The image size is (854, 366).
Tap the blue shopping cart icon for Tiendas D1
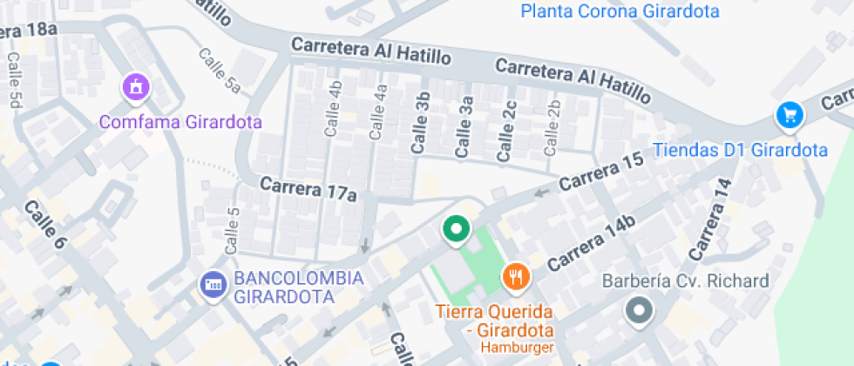[790, 115]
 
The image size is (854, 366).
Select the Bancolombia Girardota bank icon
[212, 284]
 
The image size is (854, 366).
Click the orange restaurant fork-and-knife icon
[516, 277]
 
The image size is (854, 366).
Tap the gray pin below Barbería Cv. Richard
[640, 310]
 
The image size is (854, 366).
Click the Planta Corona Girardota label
[620, 11]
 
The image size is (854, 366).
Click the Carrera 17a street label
[308, 189]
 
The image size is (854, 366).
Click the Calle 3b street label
[421, 123]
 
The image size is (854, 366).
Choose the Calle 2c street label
[506, 131]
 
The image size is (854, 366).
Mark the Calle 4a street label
[378, 112]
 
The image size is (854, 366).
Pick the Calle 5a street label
[219, 71]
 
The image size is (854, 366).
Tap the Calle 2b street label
[552, 128]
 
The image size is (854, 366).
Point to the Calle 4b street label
[334, 109]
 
